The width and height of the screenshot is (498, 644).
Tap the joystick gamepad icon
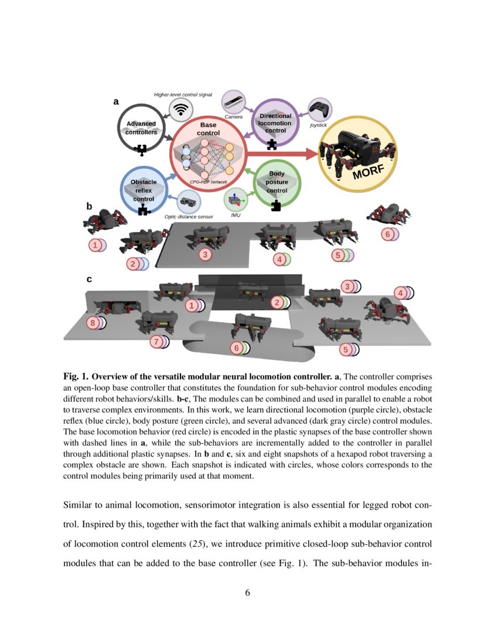tap(319, 109)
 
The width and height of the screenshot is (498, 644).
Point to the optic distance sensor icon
tap(189, 202)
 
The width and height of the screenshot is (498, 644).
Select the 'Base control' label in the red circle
tap(208, 129)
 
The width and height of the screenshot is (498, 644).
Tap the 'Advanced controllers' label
tap(141, 128)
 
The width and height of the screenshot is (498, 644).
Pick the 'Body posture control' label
tap(277, 182)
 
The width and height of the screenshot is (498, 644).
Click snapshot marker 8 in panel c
tap(92, 323)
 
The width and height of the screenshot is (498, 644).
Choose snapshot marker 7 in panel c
tap(155, 341)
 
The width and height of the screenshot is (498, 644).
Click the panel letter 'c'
tap(89, 279)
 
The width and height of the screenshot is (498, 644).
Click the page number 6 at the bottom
tap(247, 592)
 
